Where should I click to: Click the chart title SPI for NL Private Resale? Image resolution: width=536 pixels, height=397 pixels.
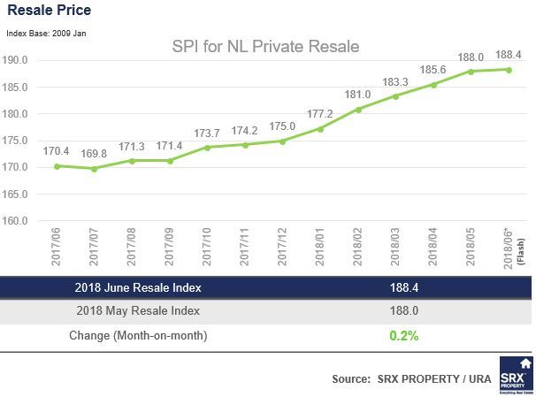pyautogui.click(x=265, y=45)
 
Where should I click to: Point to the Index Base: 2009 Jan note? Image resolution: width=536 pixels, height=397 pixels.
pyautogui.click(x=46, y=33)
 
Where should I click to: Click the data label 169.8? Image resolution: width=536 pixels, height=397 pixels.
pyautogui.click(x=93, y=153)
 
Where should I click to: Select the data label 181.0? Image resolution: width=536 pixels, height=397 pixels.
pyautogui.click(x=359, y=94)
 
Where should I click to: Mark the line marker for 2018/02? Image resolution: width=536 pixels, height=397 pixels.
pyautogui.click(x=358, y=110)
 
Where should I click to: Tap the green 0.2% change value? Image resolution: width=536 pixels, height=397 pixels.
pyautogui.click(x=403, y=335)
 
